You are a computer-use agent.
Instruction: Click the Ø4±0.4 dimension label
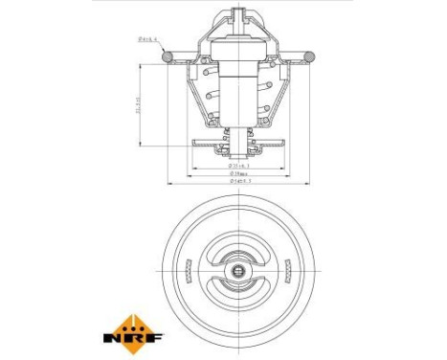pyautogui.click(x=150, y=40)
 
